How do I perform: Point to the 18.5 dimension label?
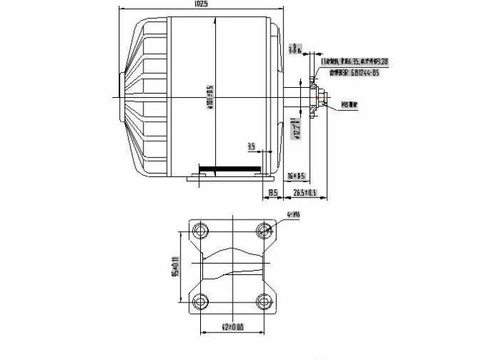coord(273,192)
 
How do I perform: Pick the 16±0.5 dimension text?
coord(297,176)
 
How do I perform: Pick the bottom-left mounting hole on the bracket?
coord(199,302)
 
